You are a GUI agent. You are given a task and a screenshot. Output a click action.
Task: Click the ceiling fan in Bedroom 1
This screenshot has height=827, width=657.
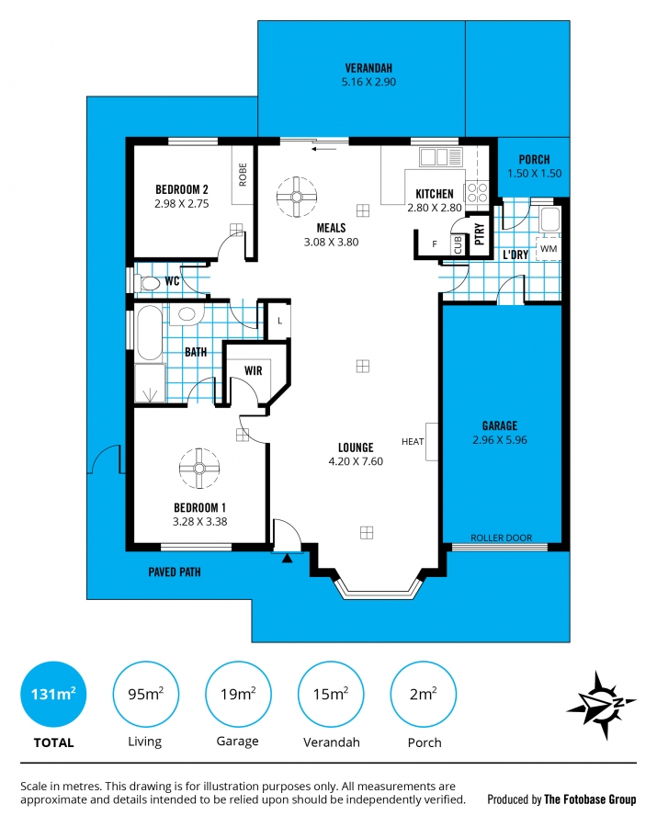point(199,469)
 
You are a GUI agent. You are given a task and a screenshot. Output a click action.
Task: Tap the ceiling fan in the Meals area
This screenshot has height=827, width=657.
point(297,197)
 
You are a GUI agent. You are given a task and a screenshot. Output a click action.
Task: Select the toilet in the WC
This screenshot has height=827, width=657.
point(147,283)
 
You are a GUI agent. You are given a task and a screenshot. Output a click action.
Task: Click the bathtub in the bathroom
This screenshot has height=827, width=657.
point(150,333)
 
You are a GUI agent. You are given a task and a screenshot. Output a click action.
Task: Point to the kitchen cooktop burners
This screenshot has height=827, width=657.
point(477,192)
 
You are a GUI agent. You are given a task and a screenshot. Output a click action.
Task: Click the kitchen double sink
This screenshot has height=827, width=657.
point(441,156)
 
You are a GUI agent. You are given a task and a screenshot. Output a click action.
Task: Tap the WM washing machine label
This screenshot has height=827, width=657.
point(549,248)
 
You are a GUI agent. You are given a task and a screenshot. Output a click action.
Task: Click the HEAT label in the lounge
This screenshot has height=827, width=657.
point(413,441)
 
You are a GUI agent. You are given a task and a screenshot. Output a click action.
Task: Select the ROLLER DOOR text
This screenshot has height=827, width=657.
point(501,538)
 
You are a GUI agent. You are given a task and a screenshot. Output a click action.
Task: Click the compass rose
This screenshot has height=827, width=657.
point(602,705)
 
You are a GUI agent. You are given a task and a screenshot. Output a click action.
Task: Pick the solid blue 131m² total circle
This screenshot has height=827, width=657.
point(53,694)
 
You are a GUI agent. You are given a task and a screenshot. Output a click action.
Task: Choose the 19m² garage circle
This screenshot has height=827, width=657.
point(238,694)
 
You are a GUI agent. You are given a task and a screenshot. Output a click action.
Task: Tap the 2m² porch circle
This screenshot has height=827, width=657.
point(423,694)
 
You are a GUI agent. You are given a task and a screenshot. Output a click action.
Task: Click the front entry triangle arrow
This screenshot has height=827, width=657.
point(287,558)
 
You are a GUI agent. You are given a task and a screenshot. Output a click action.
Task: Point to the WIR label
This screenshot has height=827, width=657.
point(253,371)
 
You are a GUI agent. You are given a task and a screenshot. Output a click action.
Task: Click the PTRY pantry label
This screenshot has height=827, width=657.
point(480,233)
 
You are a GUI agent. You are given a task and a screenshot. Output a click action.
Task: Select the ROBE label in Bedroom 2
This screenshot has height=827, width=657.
point(243,175)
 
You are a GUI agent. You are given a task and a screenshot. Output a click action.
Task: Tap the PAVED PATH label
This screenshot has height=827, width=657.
point(175,572)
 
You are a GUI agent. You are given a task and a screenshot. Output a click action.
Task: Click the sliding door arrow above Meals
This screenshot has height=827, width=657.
point(323,149)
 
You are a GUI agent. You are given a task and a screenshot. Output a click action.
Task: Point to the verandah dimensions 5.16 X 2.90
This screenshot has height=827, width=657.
point(368,82)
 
